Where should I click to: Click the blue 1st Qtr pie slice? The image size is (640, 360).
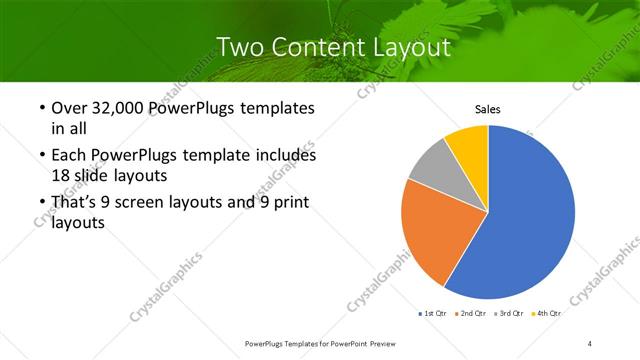(530, 220)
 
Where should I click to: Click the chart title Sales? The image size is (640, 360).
(487, 109)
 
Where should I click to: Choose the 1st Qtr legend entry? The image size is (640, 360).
(431, 313)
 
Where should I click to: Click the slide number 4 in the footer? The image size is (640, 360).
(590, 343)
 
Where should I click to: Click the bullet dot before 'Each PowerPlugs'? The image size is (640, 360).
(39, 157)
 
